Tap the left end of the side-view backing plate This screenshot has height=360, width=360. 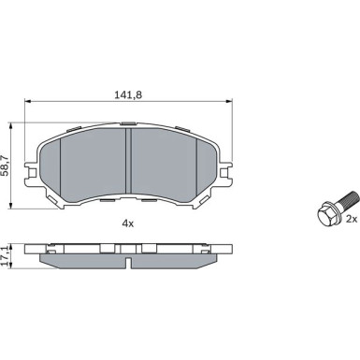coord(31,251)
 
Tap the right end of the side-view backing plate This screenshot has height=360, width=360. coord(227,251)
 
